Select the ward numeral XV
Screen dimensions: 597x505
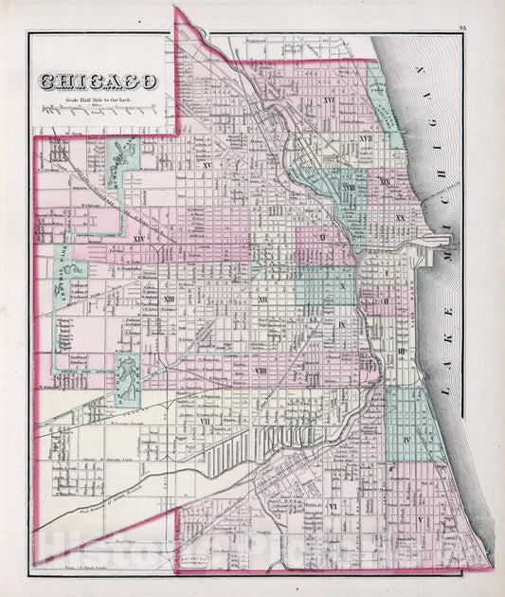click(x=205, y=165)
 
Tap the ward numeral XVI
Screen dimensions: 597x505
click(x=303, y=100)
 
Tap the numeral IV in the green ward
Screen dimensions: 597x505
click(x=405, y=440)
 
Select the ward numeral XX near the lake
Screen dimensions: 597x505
click(x=401, y=217)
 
